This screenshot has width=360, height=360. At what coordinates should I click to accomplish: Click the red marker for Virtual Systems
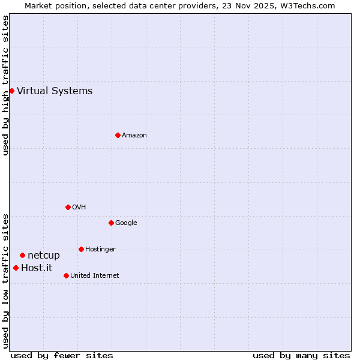coord(11,91)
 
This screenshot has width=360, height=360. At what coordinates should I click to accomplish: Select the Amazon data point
coord(118,135)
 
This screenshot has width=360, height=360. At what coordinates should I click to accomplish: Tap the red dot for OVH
coord(68,207)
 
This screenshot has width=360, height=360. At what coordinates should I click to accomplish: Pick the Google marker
coord(111,223)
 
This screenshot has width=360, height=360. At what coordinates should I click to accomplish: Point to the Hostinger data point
coord(81,249)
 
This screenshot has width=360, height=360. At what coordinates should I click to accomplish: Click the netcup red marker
coord(22,255)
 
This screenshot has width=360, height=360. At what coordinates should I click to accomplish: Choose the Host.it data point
coord(16,268)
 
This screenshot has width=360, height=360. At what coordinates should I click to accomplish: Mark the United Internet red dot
coord(66,275)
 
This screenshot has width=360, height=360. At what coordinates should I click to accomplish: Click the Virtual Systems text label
coord(55,91)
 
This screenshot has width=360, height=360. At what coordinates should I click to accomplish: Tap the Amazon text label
coord(134,136)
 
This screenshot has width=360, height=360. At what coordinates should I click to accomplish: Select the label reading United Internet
coord(95,276)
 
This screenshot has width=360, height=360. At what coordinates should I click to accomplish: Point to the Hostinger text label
coord(100,250)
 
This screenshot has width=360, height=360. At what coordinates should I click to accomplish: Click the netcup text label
coord(44,256)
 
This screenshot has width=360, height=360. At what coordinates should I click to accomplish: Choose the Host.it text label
coord(37,268)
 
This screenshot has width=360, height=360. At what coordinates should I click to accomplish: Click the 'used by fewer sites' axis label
coord(62,356)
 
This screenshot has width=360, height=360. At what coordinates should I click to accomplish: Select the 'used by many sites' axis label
coord(301,356)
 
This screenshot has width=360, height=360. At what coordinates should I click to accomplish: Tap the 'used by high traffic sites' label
coord(5,85)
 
